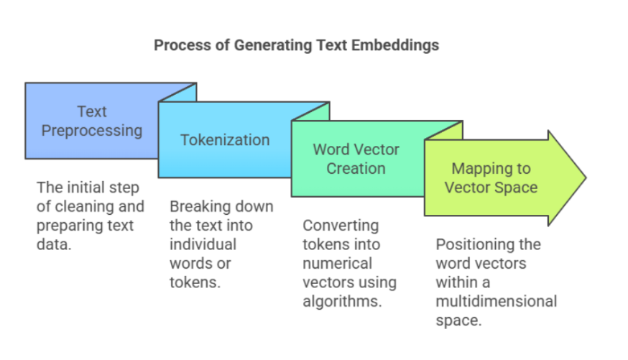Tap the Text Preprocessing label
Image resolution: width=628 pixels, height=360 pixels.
tap(91, 121)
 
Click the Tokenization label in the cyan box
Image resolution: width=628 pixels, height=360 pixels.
tap(225, 139)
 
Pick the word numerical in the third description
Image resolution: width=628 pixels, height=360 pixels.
tap(337, 264)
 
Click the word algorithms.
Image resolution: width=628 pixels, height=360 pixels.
tap(341, 301)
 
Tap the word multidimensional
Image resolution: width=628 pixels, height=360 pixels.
tap(496, 301)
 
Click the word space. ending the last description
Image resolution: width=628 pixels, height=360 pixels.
tap(458, 320)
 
